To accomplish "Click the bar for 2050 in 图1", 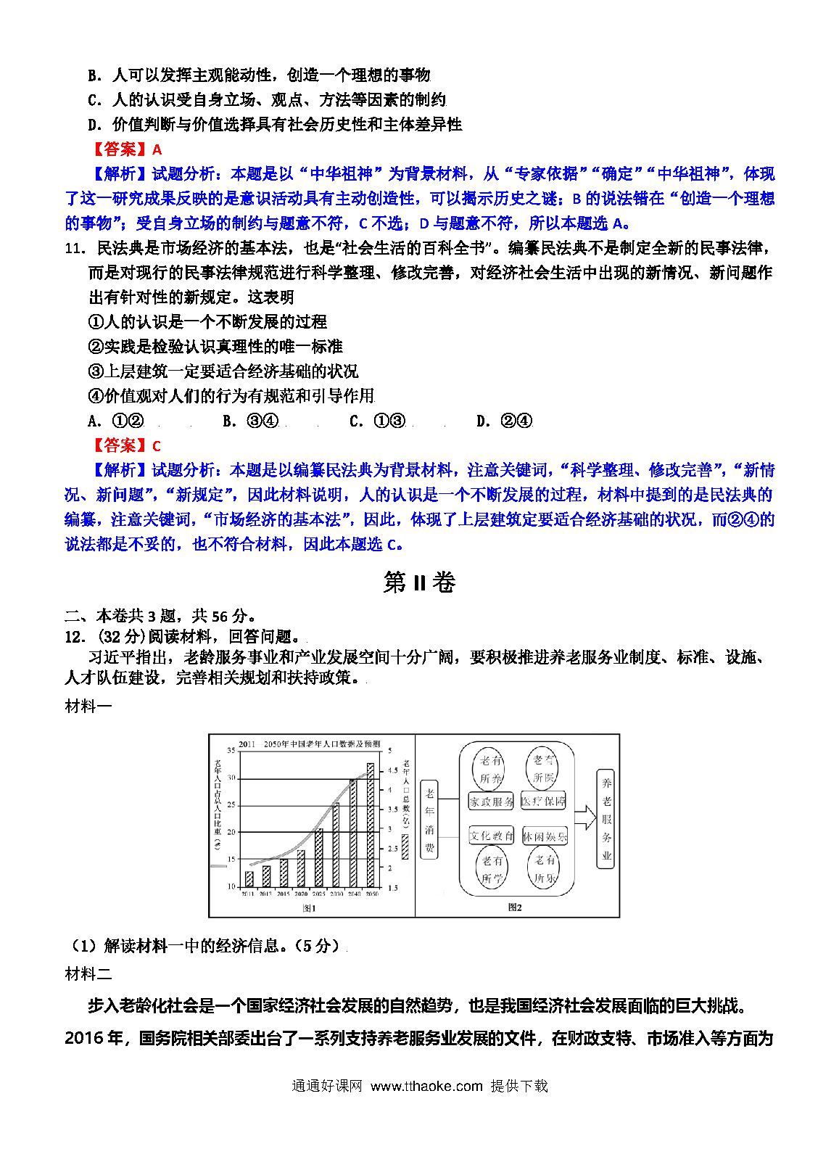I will point(371,825).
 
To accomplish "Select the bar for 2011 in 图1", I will point(249,878).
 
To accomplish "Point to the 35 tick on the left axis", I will point(231,750).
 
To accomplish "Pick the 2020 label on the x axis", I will point(301,894).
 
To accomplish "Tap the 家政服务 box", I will point(491,802).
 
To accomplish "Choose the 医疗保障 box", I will point(544,802).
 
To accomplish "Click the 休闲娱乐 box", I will point(545,836).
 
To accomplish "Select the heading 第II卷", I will point(419,582).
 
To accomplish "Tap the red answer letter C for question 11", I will point(157,445).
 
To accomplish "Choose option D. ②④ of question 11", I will point(505,421).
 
